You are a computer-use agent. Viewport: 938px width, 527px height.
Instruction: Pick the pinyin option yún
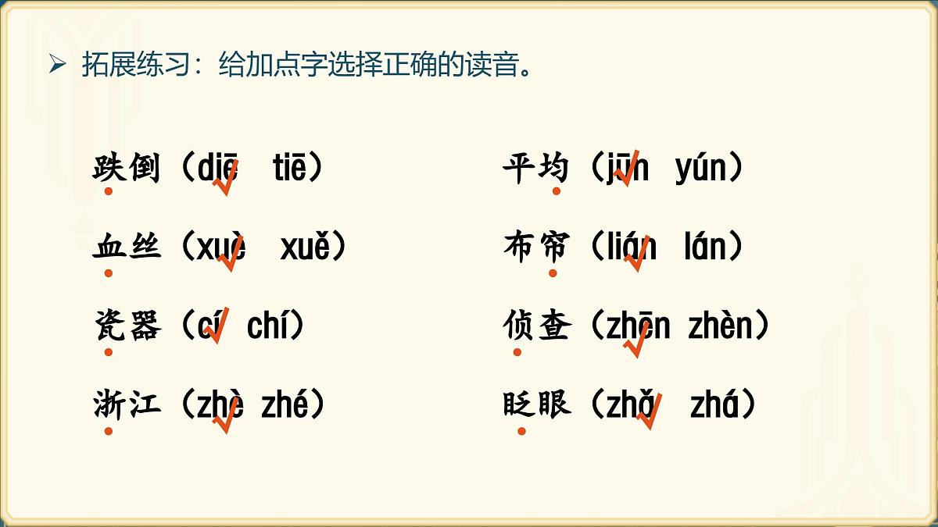point(700,169)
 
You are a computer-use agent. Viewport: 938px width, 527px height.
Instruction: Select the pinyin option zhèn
point(720,326)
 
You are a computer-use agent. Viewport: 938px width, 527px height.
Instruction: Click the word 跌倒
point(127,167)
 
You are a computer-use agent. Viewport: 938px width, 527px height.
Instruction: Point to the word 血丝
point(127,247)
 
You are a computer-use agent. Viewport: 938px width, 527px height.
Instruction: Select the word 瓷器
point(127,326)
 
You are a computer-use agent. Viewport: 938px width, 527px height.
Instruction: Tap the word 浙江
point(127,404)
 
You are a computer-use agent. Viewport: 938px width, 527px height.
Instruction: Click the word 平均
point(537,167)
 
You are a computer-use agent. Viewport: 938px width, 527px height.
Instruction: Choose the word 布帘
point(537,247)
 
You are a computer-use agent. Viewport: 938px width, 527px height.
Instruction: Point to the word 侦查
point(537,326)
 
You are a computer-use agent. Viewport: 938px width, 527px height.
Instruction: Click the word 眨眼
point(537,404)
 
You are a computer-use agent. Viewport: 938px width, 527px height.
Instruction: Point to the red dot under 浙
point(109,431)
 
